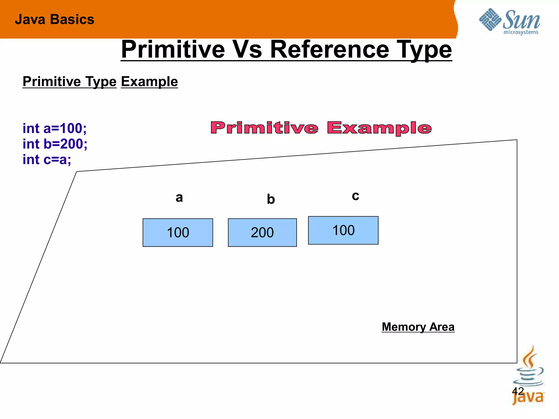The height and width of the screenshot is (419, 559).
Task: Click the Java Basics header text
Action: pos(54,20)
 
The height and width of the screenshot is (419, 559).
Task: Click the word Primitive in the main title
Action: pos(173,50)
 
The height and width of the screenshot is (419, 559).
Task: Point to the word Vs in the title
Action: pos(247,50)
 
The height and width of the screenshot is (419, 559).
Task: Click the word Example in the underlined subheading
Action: pos(149,82)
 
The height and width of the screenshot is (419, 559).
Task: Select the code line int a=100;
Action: pos(55,128)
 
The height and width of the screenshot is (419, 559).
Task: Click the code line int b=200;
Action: pos(55,144)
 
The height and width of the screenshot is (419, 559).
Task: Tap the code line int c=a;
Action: pos(47,159)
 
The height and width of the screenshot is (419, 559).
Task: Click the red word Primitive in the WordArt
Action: pos(264,128)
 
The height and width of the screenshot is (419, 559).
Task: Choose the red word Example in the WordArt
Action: pos(379,128)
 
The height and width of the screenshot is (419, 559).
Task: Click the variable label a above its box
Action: pos(179,197)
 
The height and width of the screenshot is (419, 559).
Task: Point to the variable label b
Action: pos(270,199)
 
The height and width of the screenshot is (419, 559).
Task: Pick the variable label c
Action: pos(355,196)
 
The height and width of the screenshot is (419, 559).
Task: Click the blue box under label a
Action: pos(178,232)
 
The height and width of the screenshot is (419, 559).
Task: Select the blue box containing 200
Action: pos(262,232)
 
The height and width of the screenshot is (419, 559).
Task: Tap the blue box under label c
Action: pos(343,230)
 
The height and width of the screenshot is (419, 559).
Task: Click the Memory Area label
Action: pos(418,327)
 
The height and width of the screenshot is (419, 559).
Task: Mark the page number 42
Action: pos(518,391)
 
